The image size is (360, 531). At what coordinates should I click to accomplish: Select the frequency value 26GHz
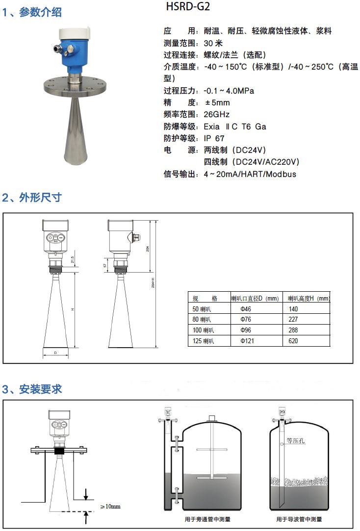coord(216,115)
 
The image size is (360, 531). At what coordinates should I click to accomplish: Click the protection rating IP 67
coord(214,138)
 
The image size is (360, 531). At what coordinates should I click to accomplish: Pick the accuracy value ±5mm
coord(216,103)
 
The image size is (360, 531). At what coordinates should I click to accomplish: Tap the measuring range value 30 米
coord(213,43)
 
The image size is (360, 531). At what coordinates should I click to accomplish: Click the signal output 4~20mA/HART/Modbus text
coord(250,174)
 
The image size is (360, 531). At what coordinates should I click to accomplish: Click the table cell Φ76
coord(246,319)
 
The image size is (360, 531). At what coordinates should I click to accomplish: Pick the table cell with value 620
coord(293,341)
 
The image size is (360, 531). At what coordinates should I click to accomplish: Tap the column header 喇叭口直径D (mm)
coord(255,298)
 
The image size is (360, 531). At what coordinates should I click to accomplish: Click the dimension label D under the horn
coord(55,353)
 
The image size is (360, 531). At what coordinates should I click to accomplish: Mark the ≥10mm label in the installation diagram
coord(110,506)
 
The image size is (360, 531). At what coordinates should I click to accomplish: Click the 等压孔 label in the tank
coord(296,441)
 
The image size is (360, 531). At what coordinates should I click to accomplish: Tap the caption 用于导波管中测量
coord(299,519)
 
